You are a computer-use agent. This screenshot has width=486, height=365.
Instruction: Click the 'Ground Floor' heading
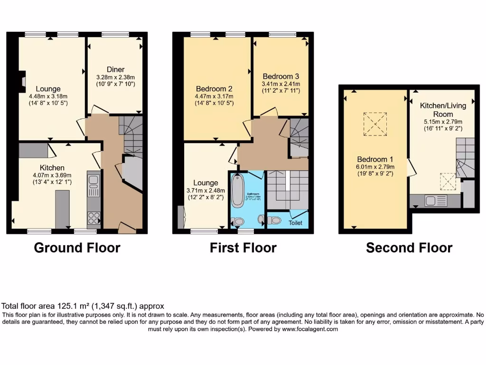pyautogui.click(x=77, y=248)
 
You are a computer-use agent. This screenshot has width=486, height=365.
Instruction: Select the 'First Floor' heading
pyautogui.click(x=243, y=248)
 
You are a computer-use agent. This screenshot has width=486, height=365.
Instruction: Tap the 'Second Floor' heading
pyautogui.click(x=409, y=248)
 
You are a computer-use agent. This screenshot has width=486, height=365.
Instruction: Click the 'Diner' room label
pyautogui.click(x=115, y=70)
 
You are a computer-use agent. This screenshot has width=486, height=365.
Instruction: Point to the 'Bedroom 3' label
pyautogui.click(x=280, y=76)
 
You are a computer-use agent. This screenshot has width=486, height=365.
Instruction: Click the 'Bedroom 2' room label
pyautogui.click(x=214, y=88)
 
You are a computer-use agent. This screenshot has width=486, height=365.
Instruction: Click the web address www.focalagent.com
pyautogui.click(x=309, y=329)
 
